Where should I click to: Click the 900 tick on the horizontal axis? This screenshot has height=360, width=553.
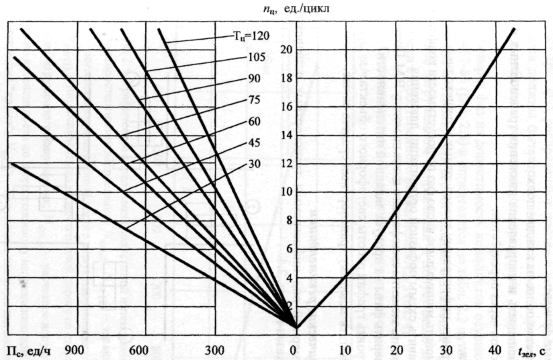tap(75, 350)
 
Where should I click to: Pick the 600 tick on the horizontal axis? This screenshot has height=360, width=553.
tap(138, 350)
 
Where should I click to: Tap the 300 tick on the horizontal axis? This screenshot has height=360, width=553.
tap(214, 350)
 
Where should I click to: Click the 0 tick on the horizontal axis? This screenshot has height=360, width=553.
tap(294, 350)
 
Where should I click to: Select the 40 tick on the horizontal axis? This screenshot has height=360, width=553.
tap(495, 350)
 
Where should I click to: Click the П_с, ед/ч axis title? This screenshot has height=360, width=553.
tap(26, 351)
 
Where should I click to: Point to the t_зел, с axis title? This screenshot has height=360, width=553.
tap(530, 351)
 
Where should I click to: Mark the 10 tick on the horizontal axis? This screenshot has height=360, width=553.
tap(344, 350)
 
